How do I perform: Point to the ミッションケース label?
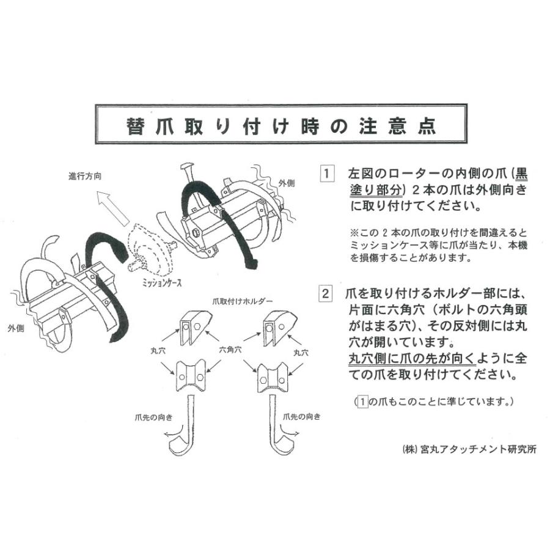[x=161, y=283]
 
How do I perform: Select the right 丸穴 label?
[x=300, y=353]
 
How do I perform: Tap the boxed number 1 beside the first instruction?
[x=328, y=174]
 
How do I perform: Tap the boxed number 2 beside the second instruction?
[x=328, y=293]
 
